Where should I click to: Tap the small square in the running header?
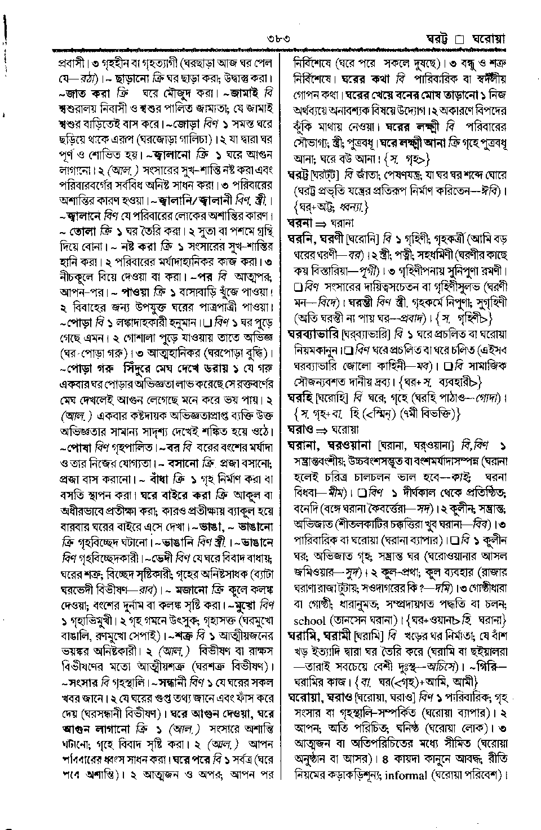tap(459, 40)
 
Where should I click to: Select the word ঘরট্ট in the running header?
tap(438, 39)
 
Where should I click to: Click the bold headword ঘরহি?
tap(300, 397)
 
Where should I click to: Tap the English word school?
tap(310, 621)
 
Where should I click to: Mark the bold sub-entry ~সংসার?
tap(82, 682)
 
